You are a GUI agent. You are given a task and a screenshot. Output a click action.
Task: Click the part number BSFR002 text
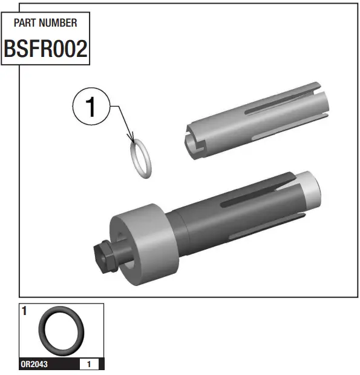pos(45,49)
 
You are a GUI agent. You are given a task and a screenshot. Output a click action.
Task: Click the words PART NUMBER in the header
pos(45,23)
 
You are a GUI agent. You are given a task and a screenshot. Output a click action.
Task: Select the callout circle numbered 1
pos(91,107)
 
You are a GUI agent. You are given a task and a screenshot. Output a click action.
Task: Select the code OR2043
pos(34,365)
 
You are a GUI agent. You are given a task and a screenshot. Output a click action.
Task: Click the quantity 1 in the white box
pos(89,365)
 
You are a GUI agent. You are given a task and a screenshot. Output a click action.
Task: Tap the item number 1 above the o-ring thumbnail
pos(24,311)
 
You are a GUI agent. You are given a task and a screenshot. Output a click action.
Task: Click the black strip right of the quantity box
pos(101,365)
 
